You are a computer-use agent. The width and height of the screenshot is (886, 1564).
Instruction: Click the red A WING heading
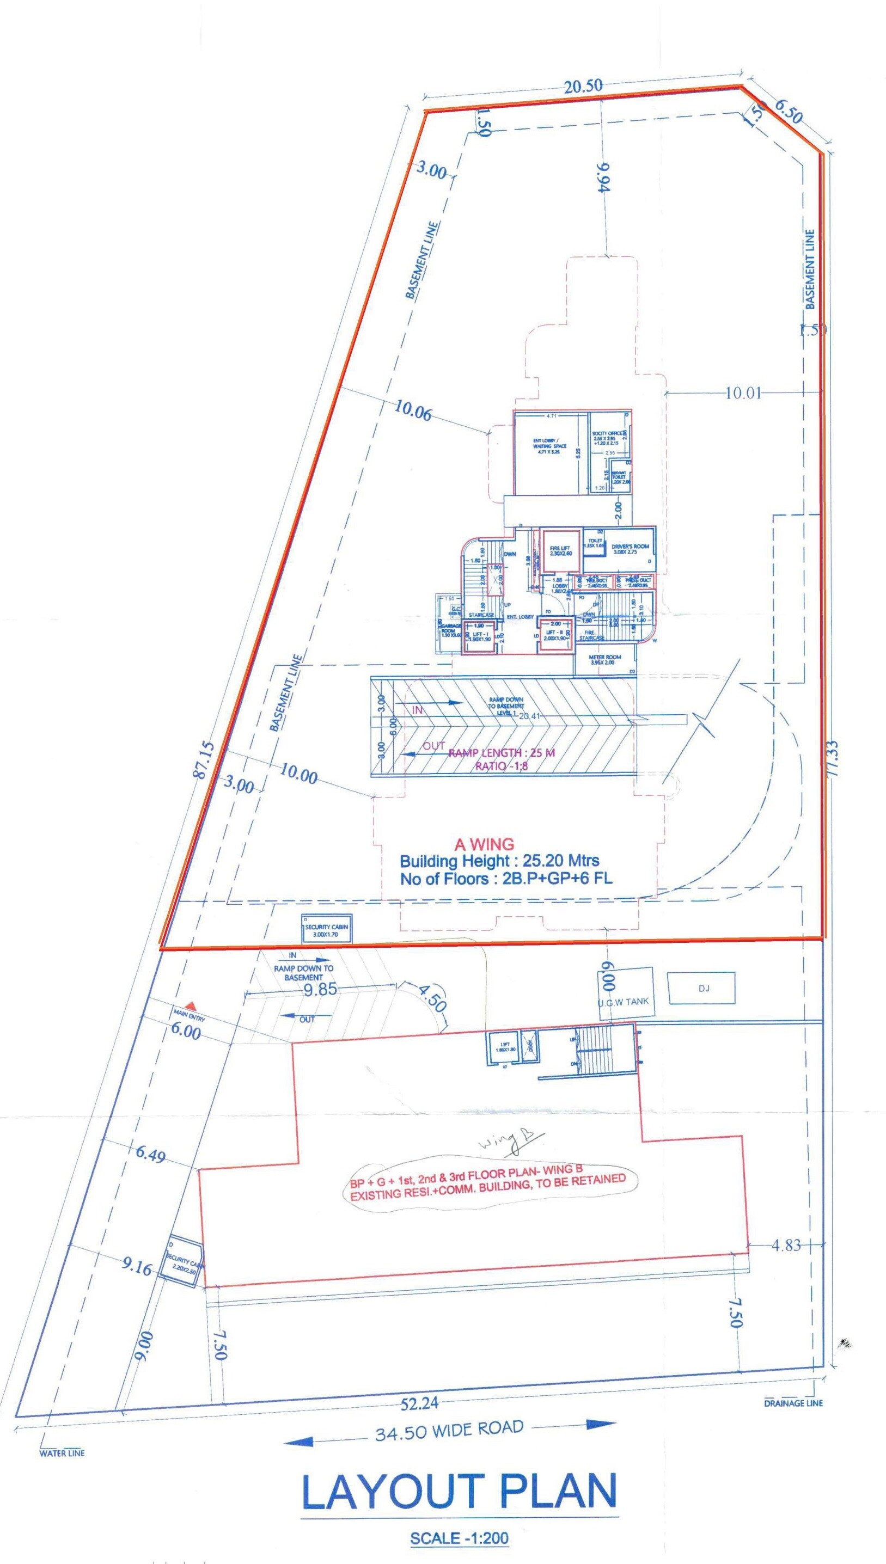(484, 844)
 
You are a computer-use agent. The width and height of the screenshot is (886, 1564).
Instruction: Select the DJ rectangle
(701, 988)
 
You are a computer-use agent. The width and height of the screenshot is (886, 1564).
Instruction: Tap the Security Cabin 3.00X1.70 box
(327, 929)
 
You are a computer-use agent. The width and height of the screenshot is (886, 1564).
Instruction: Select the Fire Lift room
(560, 550)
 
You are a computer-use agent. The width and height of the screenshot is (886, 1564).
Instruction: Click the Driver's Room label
(631, 548)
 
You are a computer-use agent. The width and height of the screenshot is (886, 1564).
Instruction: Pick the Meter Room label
(604, 659)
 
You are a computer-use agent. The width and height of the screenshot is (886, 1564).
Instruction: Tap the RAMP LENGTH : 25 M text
(502, 752)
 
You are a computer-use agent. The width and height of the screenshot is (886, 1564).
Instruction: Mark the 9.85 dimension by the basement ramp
(321, 989)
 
